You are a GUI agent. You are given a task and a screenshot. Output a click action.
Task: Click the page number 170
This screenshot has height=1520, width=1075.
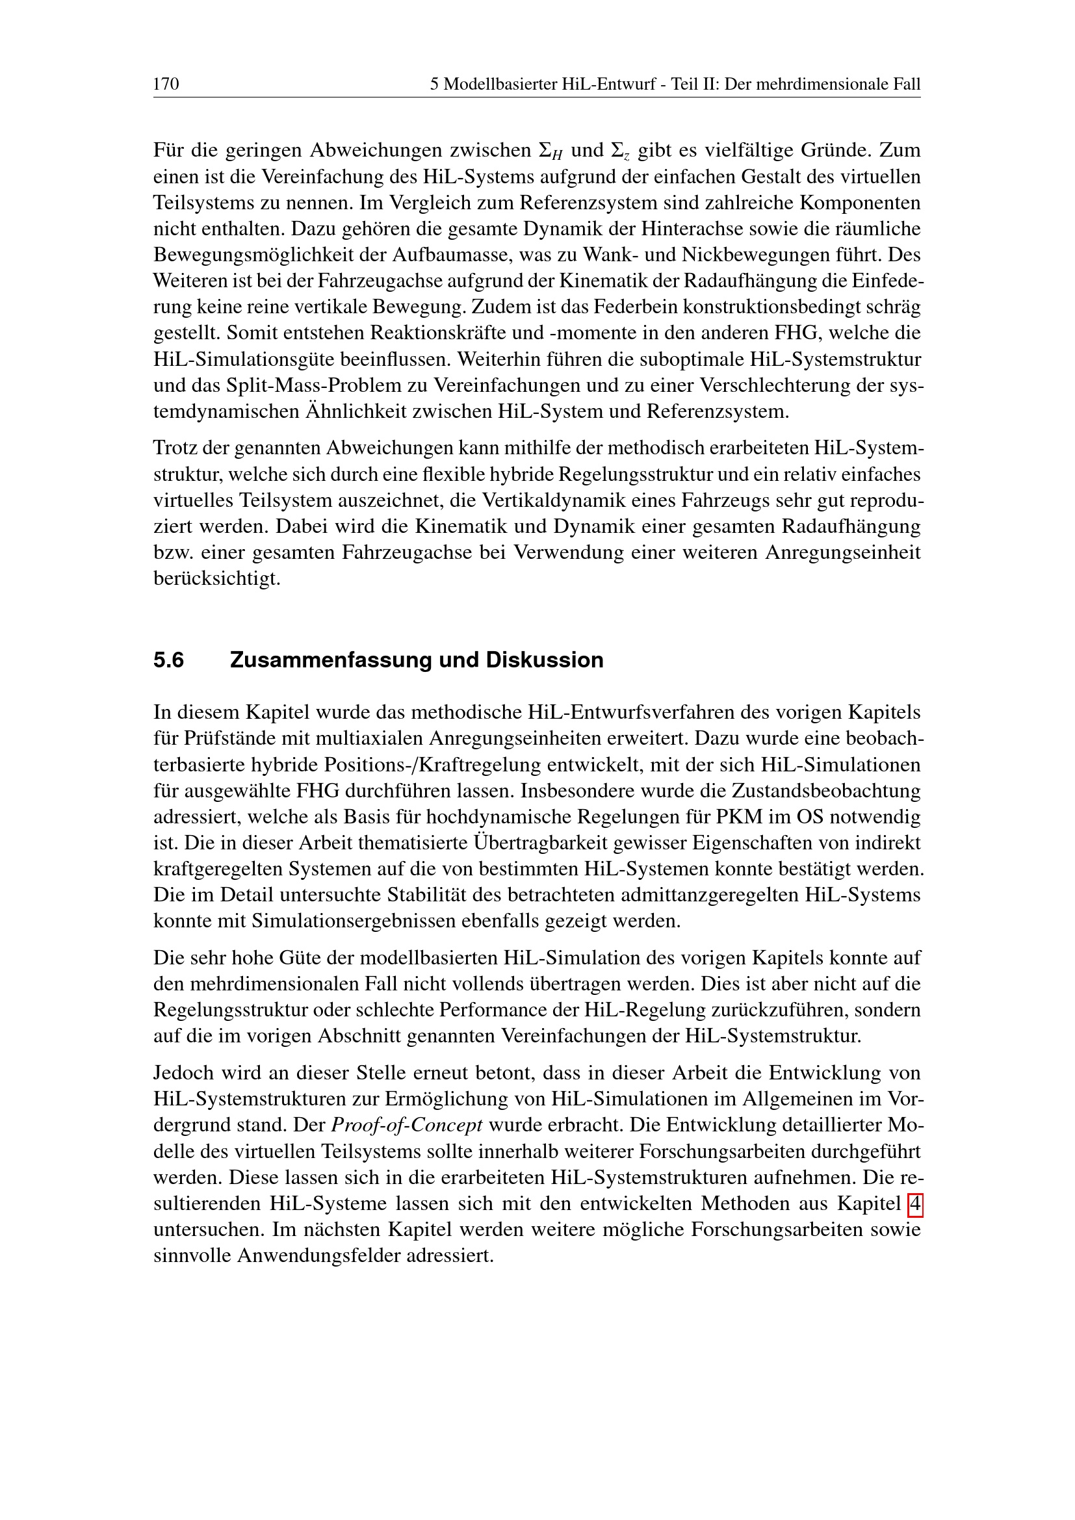pyautogui.click(x=166, y=84)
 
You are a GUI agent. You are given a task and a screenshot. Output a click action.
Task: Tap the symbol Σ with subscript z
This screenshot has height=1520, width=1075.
pyautogui.click(x=620, y=151)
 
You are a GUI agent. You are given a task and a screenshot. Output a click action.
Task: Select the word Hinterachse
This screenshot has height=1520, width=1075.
pyautogui.click(x=678, y=228)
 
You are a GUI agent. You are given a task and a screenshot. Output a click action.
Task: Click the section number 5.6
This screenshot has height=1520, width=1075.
pyautogui.click(x=169, y=660)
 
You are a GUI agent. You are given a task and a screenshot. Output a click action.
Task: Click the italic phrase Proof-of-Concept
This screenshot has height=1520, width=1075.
pyautogui.click(x=406, y=1125)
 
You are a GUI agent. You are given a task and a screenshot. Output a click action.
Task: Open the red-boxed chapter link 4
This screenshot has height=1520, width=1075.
pyautogui.click(x=915, y=1204)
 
